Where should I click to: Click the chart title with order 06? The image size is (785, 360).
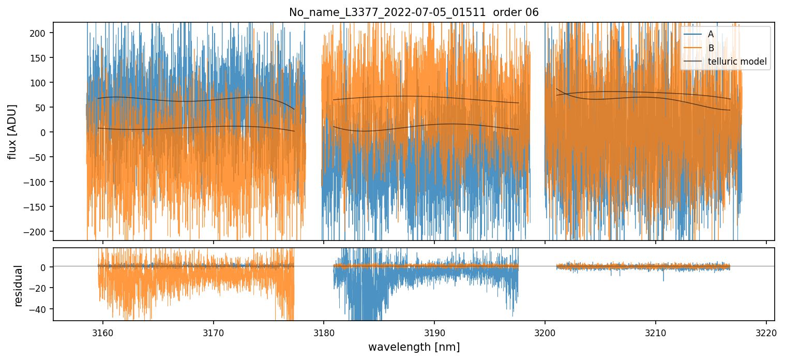coord(414,12)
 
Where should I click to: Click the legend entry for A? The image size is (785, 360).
coord(711,34)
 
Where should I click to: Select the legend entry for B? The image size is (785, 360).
coord(711,48)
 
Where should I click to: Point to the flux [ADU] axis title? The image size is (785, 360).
coord(11,131)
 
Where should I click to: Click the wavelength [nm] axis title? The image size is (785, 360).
coord(414,347)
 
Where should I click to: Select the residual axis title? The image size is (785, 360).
coord(19,286)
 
